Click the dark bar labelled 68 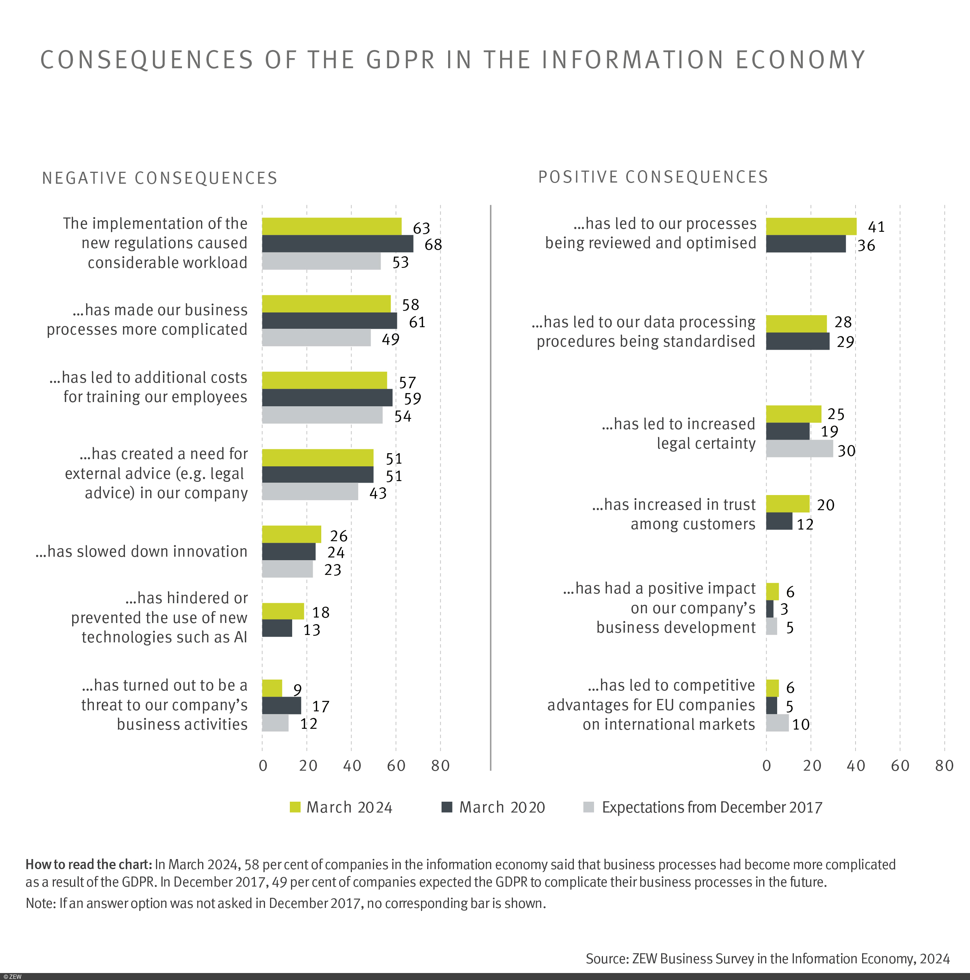[x=337, y=243]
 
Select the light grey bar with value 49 [x=316, y=338]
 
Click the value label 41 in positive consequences [x=876, y=227]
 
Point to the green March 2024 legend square [x=295, y=807]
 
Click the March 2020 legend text [x=502, y=807]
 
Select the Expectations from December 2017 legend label [x=712, y=807]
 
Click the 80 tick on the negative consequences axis [x=440, y=766]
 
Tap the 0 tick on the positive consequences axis [x=766, y=766]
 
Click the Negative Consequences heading [x=160, y=178]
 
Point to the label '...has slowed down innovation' [x=141, y=551]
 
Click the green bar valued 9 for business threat [x=272, y=688]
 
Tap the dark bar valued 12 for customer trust [x=779, y=521]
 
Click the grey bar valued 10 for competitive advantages [x=777, y=723]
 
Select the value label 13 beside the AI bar [x=312, y=630]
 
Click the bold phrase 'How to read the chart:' [x=88, y=864]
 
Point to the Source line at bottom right [x=767, y=958]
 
